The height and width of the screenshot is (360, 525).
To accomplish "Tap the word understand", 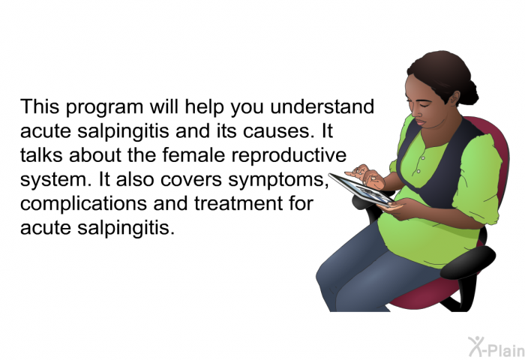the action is tap(322, 106).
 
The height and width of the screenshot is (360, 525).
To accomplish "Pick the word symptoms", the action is tap(278, 181).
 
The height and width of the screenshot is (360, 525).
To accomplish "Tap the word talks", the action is tap(41, 155).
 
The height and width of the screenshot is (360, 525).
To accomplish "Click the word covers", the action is tap(191, 180).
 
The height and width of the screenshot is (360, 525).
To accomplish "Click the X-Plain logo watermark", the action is tap(496, 346).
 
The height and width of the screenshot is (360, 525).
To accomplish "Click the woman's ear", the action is tap(454, 99).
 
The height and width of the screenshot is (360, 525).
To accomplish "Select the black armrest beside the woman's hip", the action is tap(468, 262).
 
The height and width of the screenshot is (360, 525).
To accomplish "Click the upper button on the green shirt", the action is tap(423, 157).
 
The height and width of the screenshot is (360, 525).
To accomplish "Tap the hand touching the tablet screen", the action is tap(365, 175).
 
